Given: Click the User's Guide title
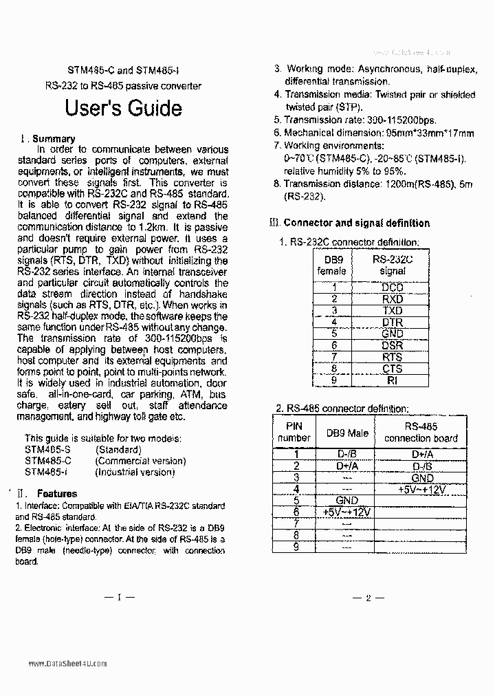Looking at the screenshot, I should [123, 109].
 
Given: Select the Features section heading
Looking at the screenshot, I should [57, 493].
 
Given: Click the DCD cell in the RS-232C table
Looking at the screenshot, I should [393, 288].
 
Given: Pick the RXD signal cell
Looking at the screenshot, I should [393, 299].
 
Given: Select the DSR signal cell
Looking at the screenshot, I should [393, 345].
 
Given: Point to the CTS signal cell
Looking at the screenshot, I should [393, 369].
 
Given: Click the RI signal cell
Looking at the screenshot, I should [393, 380].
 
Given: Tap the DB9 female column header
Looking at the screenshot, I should [331, 265].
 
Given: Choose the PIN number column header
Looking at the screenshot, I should [294, 432].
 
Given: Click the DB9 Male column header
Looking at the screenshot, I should [346, 433].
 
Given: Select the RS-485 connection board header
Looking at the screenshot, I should [421, 432].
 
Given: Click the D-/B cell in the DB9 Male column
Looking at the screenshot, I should [346, 454].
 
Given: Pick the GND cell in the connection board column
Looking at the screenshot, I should [421, 478].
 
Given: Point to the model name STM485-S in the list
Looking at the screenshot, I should [47, 450].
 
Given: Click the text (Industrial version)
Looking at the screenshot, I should [135, 472].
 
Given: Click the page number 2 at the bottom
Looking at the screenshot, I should [368, 598].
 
